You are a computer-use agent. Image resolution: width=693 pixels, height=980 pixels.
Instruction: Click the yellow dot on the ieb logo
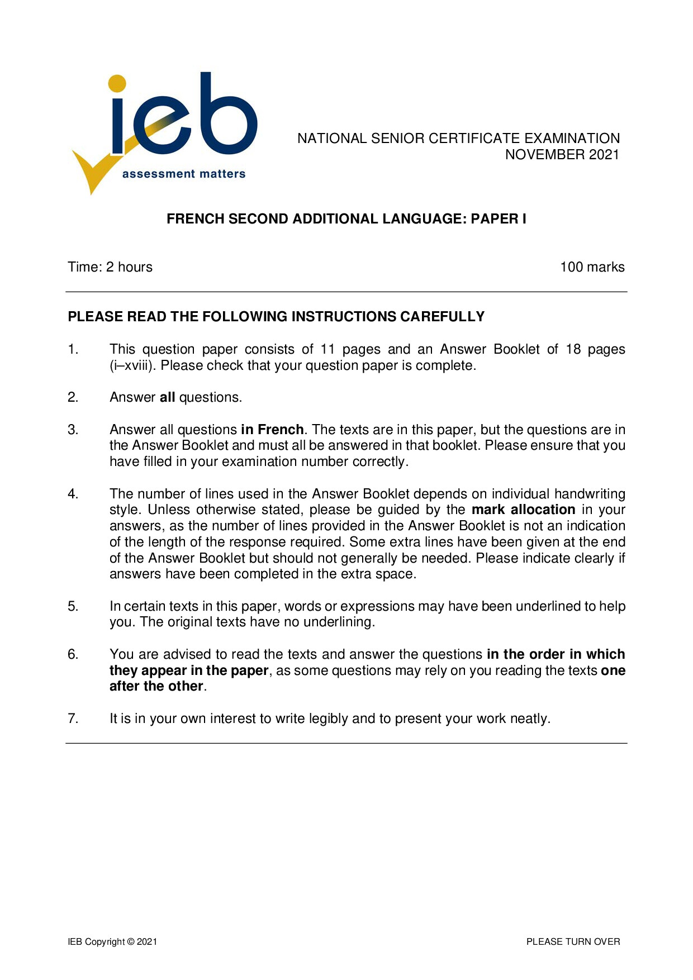(x=117, y=83)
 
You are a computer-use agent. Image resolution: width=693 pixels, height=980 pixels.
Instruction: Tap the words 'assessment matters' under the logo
(x=184, y=174)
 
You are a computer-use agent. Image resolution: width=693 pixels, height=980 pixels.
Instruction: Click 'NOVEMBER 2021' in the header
(x=562, y=155)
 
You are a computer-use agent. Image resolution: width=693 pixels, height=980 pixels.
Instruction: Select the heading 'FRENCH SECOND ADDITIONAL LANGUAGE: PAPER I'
(x=346, y=218)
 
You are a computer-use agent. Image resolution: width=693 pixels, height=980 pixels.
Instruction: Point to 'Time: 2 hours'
(x=110, y=267)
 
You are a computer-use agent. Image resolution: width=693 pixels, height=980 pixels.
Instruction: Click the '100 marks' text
(x=592, y=267)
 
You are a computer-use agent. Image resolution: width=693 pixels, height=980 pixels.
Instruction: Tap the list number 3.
(x=73, y=430)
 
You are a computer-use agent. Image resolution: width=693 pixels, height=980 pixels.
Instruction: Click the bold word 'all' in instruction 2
(x=168, y=397)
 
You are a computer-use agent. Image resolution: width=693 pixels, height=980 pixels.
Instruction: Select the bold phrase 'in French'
(x=272, y=430)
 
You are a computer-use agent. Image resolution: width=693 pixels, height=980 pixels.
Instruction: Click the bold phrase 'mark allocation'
(x=523, y=510)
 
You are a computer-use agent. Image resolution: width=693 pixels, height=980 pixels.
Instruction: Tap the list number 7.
(x=73, y=719)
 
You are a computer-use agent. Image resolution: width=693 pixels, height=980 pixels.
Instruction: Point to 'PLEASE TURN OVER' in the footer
(x=573, y=941)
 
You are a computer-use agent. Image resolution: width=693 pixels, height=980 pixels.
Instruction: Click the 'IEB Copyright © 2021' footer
(x=112, y=941)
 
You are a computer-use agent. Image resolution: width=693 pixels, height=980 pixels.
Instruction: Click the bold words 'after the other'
(x=156, y=686)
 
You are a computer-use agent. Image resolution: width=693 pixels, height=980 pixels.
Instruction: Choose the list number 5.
(x=73, y=606)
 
